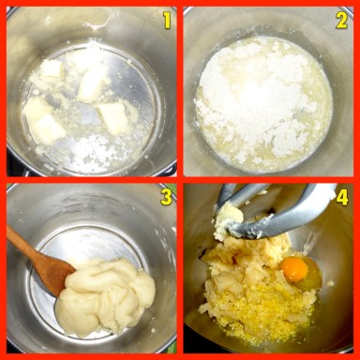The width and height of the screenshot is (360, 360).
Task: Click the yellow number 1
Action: [x=167, y=21]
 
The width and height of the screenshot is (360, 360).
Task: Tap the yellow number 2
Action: [x=341, y=21]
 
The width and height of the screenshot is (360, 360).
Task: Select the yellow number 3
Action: [x=166, y=197]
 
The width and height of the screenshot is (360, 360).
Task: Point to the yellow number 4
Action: [x=342, y=198]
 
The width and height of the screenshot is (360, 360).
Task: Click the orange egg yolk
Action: [x=295, y=269]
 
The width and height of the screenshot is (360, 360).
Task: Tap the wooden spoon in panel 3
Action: [x=39, y=260]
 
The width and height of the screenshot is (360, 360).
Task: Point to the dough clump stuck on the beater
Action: [x=228, y=218]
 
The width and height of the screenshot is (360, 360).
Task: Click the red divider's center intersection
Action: [x=180, y=180]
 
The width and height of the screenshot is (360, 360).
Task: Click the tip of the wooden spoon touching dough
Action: [x=74, y=269]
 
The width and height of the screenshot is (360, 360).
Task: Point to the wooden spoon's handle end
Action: [x=8, y=232]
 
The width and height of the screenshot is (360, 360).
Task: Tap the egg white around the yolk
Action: [x=307, y=275]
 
